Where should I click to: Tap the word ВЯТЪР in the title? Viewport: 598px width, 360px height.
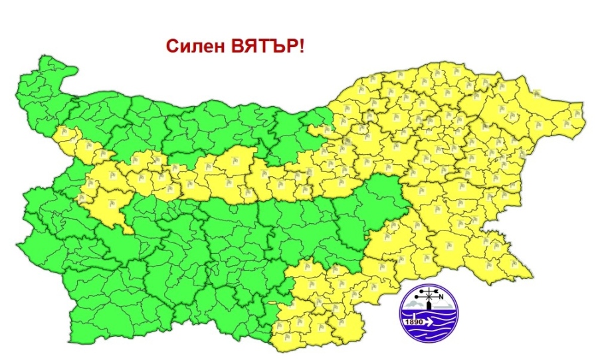pos(265,47)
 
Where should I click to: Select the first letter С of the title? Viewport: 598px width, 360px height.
pos(171,47)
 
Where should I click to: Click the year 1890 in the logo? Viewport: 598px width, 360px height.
pos(413,322)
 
